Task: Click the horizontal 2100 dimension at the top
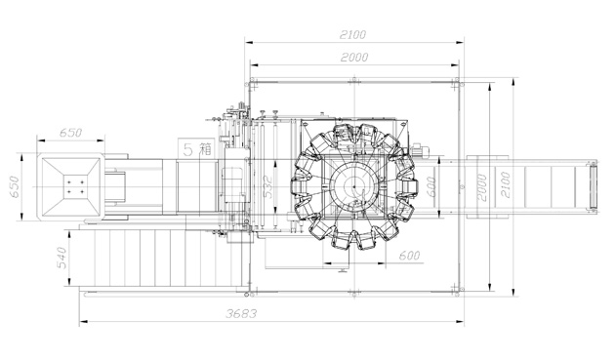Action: (x=352, y=35)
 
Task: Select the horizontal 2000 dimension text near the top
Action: (x=354, y=58)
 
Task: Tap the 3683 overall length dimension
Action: (x=241, y=314)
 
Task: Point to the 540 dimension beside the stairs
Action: (x=61, y=258)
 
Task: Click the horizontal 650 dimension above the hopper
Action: (x=71, y=133)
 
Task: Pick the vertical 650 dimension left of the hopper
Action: (x=14, y=187)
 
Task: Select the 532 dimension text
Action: (x=267, y=186)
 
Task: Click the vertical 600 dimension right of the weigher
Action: (x=430, y=187)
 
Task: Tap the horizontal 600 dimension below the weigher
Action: (x=409, y=256)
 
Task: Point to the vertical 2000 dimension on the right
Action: (x=481, y=187)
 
